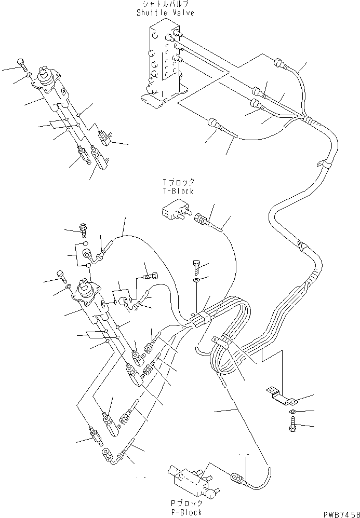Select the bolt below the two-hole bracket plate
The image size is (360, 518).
coord(291,424)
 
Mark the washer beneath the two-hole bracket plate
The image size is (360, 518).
coord(292,412)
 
